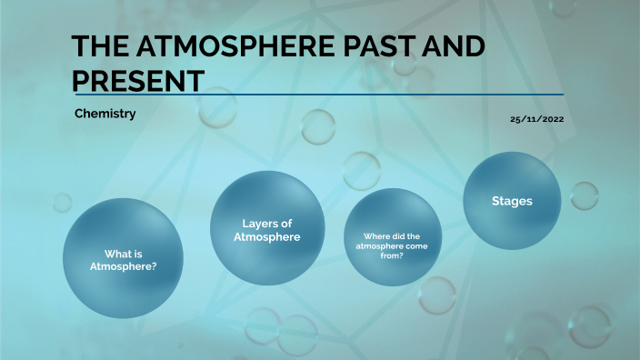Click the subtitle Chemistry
pos(105,115)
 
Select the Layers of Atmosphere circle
pos(266,227)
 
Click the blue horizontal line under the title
pos(318,94)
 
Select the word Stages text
pos(512,200)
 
